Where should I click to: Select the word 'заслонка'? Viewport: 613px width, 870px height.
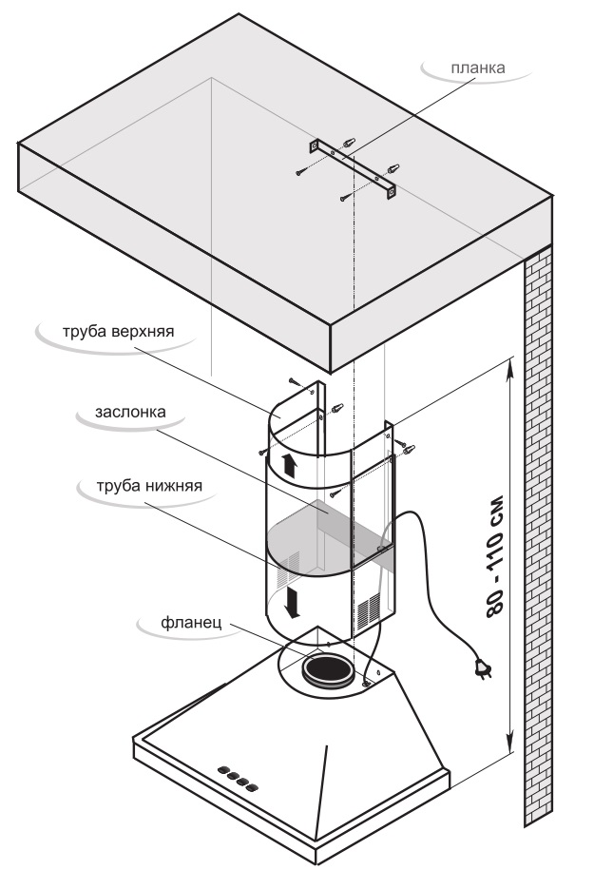[x=130, y=413]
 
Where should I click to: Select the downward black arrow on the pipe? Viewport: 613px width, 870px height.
[x=296, y=600]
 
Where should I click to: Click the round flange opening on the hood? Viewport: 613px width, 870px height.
[x=328, y=669]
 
